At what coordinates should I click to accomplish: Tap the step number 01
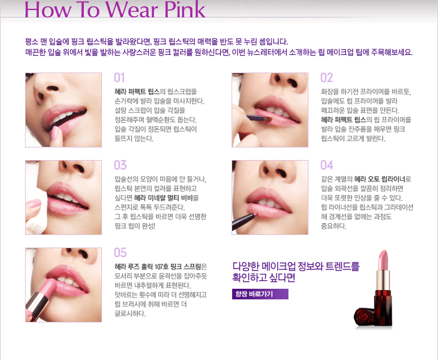click(x=120, y=78)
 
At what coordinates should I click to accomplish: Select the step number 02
click(x=327, y=78)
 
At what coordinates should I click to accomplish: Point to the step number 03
click(x=120, y=166)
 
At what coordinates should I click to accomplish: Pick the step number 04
click(x=327, y=166)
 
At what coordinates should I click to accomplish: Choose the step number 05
click(x=120, y=252)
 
